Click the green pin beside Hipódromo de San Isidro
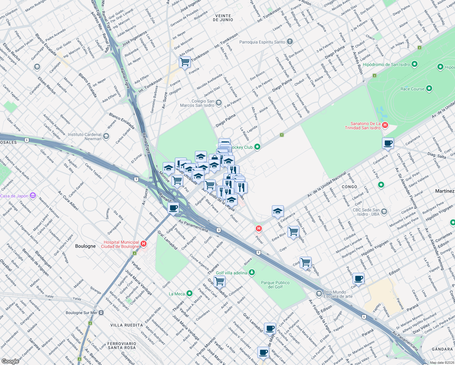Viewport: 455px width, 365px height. click(414, 64)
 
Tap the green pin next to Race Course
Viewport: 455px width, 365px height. click(429, 89)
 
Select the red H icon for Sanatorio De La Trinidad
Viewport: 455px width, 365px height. click(385, 125)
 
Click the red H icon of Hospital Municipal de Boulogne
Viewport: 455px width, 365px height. click(144, 244)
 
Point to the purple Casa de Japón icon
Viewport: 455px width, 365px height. click(33, 196)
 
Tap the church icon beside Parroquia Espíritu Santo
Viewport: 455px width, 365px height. click(290, 42)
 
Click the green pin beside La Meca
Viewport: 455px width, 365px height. click(189, 294)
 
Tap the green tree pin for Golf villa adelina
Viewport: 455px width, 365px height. click(252, 273)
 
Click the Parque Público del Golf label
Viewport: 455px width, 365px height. click(275, 285)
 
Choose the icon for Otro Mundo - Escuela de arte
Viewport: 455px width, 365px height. click(319, 294)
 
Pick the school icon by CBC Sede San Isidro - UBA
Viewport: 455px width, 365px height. click(384, 212)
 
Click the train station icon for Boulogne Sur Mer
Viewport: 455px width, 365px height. click(101, 313)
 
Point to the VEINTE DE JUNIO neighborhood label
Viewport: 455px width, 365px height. click(223, 18)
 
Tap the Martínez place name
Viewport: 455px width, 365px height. click(444, 191)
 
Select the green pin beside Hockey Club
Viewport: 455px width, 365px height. click(257, 147)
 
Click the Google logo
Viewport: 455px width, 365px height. click(10, 361)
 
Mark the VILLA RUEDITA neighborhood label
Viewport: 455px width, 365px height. click(127, 325)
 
